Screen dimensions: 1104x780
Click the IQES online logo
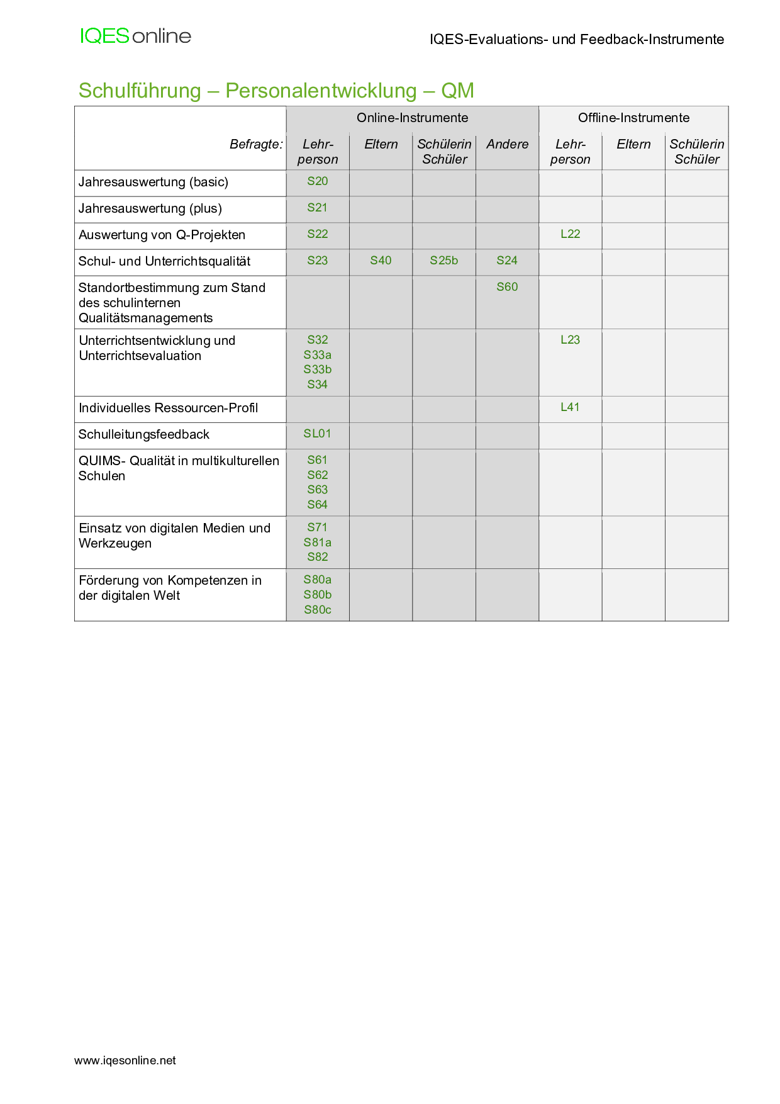[x=135, y=36]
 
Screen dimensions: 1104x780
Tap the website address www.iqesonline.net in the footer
[x=125, y=1061]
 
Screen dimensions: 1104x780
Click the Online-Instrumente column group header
[x=412, y=118]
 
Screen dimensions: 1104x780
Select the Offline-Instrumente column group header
[x=633, y=118]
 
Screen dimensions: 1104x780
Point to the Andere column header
[x=507, y=144]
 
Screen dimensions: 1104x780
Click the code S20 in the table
[x=318, y=181]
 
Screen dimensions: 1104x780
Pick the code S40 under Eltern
[x=381, y=261]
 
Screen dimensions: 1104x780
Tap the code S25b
[x=444, y=261]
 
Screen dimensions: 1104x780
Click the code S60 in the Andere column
[x=507, y=287]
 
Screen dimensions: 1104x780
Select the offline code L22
[x=571, y=234]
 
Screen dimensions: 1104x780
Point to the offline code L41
[x=571, y=407]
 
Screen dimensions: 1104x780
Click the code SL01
[x=318, y=434]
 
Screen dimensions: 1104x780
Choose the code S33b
[x=318, y=369]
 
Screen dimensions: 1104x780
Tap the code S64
[x=318, y=505]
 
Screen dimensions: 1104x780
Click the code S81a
[x=318, y=543]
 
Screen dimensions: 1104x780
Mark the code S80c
[x=318, y=610]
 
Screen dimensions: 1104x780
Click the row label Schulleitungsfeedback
[x=144, y=434]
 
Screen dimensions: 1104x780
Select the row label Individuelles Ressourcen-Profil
[x=169, y=408]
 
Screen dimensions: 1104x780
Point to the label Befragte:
[x=256, y=144]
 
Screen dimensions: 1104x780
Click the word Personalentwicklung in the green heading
[x=321, y=91]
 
